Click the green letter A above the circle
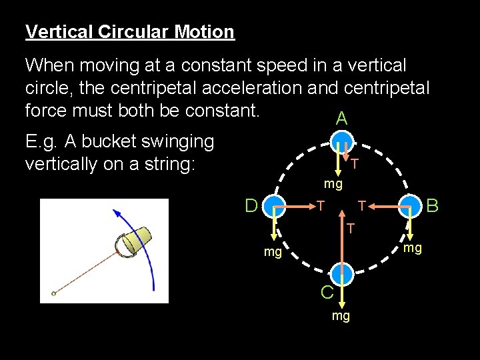click(x=341, y=119)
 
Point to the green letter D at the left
click(x=251, y=205)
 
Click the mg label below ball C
click(x=341, y=315)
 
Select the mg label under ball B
click(x=413, y=249)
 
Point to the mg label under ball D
click(x=273, y=253)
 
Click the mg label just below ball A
click(x=333, y=183)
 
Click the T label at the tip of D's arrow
click(x=321, y=205)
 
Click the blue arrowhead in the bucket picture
click(x=116, y=213)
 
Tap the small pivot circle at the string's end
click(x=54, y=293)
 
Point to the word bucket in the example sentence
click(x=99, y=141)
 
